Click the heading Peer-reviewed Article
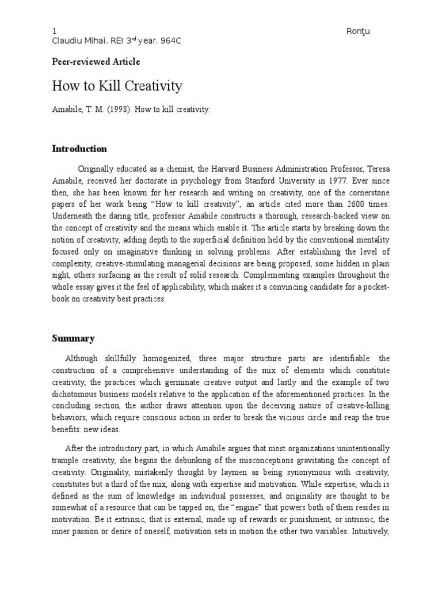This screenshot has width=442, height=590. (96, 62)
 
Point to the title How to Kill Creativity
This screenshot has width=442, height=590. (117, 86)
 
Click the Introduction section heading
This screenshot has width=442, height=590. (79, 149)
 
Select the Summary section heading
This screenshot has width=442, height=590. (73, 338)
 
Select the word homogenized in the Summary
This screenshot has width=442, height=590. (165, 358)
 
